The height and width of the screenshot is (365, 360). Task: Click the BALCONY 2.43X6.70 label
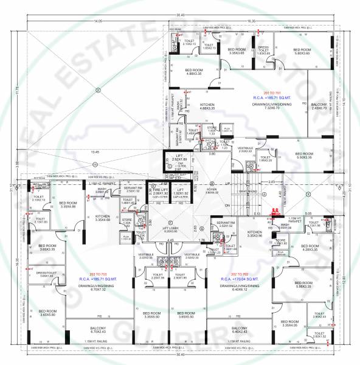click(319, 106)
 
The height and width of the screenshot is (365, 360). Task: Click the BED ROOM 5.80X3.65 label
click(302, 52)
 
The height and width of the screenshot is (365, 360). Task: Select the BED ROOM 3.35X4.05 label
click(285, 322)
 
